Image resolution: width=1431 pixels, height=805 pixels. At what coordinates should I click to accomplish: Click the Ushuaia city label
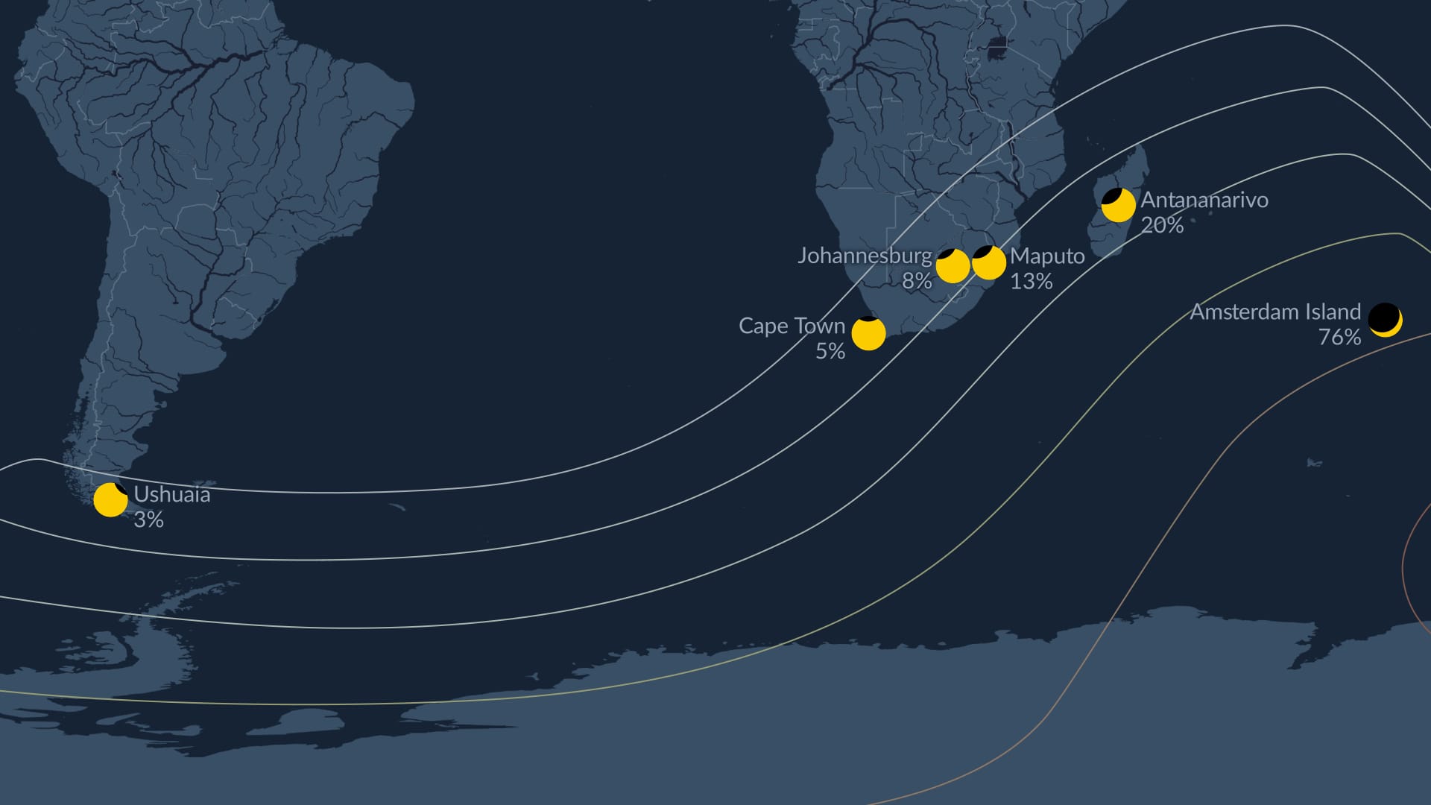pos(171,494)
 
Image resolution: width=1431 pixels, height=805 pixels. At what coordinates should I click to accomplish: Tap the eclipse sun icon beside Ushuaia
pos(110,499)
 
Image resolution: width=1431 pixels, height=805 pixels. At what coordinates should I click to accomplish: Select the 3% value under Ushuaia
pos(148,520)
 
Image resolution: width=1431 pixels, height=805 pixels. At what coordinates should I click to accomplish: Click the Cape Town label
pos(792,326)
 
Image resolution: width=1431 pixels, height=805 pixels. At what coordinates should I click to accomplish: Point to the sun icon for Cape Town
pos(868,332)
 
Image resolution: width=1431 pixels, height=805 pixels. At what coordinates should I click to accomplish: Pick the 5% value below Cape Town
pos(830,351)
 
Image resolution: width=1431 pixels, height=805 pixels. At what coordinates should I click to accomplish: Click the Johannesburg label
pos(865,256)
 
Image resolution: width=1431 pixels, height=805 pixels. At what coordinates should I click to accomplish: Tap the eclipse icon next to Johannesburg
pos(952,265)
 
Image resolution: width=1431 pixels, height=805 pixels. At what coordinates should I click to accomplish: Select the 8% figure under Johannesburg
pos(917,281)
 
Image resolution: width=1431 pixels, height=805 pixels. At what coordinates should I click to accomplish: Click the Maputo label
pos(1047,256)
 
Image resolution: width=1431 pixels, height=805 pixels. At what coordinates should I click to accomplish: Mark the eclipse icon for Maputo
pos(989,262)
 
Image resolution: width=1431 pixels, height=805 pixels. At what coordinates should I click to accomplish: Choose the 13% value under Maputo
pos(1031,281)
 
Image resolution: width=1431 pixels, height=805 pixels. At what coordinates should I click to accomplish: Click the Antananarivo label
pos(1204,200)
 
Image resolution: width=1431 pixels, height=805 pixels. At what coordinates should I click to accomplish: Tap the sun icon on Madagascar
pos(1118,205)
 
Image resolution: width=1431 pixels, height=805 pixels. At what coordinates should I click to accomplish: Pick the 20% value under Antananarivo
pos(1162,225)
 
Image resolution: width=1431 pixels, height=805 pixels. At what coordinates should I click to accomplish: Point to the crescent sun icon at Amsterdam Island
pos(1385,320)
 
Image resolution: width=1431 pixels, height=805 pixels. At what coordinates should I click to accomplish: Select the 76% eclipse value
pos(1339,337)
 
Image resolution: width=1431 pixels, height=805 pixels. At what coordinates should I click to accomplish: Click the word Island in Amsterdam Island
pos(1331,312)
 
